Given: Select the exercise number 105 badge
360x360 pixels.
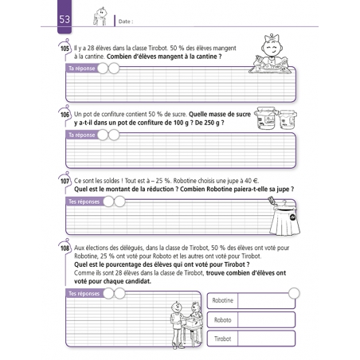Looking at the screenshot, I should tap(65, 49).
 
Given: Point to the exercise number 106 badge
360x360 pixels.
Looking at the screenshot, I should tap(65, 115).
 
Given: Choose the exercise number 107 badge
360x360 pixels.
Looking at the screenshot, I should tap(65, 181).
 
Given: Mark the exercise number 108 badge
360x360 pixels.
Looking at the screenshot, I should tap(65, 248).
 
